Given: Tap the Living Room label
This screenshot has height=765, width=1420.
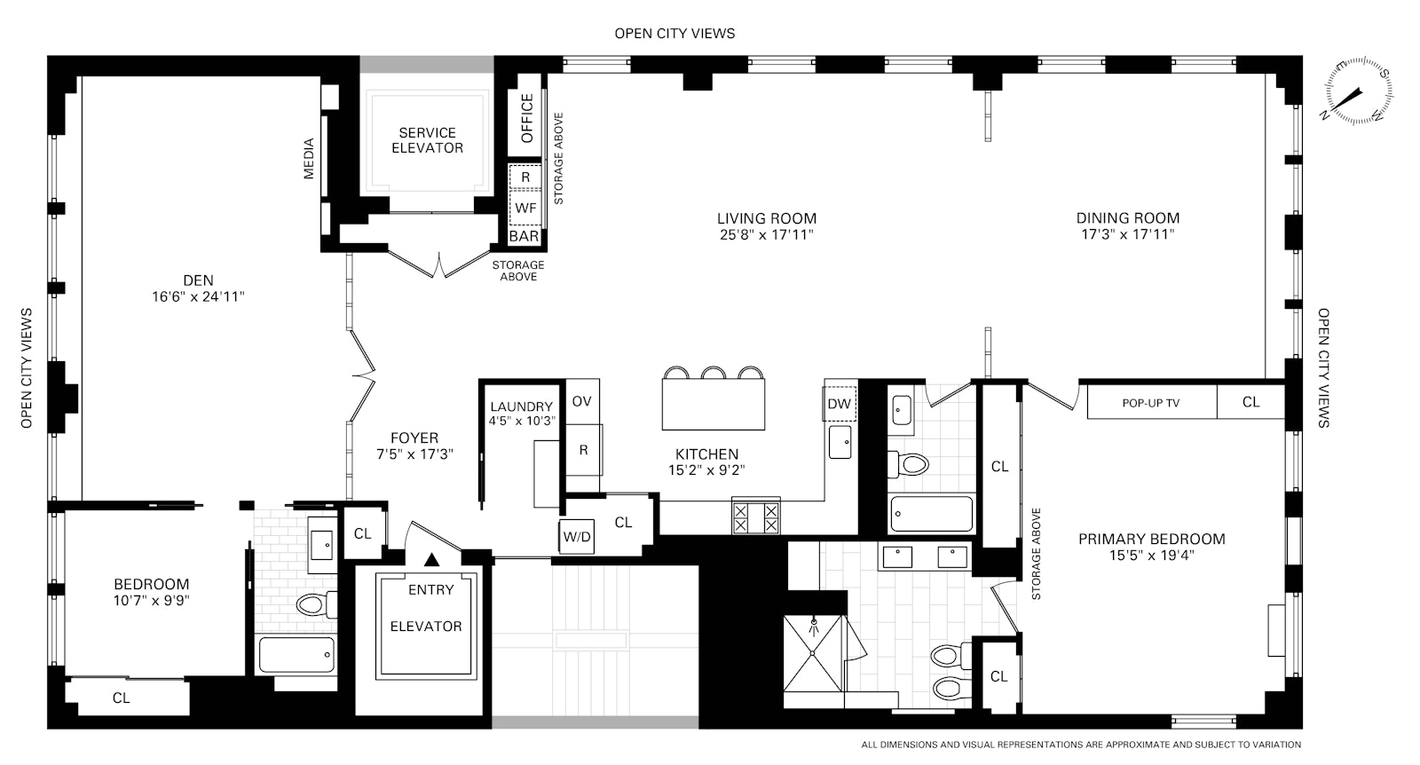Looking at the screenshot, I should pyautogui.click(x=767, y=218).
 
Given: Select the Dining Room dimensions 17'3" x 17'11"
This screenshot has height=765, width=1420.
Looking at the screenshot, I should pyautogui.click(x=1127, y=235).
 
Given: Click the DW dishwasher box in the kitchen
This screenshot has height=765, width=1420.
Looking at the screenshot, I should pyautogui.click(x=840, y=404).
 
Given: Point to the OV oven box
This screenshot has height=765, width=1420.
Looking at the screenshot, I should pyautogui.click(x=581, y=401).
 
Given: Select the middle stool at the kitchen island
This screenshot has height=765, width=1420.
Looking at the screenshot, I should pyautogui.click(x=714, y=372).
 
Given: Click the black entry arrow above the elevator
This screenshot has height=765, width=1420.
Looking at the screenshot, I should pyautogui.click(x=432, y=560).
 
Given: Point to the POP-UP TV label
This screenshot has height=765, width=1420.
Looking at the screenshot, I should pyautogui.click(x=1150, y=403).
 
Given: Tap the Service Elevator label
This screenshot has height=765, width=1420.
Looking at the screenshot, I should pyautogui.click(x=427, y=140).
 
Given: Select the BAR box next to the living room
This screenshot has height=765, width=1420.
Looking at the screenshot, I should pyautogui.click(x=524, y=237).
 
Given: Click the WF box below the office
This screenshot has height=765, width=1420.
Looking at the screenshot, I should pyautogui.click(x=525, y=209).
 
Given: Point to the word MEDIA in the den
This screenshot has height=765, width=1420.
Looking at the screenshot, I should pyautogui.click(x=309, y=158).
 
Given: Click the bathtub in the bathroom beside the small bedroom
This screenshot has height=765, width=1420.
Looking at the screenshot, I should pyautogui.click(x=296, y=654).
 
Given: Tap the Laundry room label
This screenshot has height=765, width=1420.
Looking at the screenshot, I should pyautogui.click(x=521, y=406).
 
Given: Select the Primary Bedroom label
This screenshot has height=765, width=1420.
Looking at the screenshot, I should pyautogui.click(x=1151, y=539).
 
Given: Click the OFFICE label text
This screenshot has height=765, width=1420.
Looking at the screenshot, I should pyautogui.click(x=527, y=118).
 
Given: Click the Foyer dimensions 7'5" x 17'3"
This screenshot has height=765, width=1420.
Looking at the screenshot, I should pyautogui.click(x=414, y=453).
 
